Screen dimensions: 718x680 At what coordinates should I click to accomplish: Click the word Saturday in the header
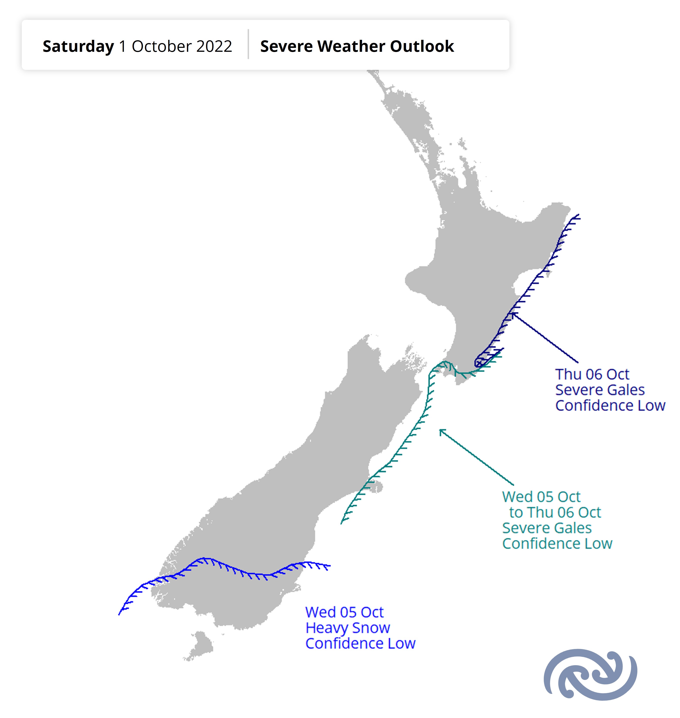coord(78,46)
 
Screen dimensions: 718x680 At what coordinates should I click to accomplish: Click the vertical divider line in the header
coord(248,44)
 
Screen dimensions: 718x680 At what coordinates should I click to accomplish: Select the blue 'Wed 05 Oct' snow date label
coord(344,612)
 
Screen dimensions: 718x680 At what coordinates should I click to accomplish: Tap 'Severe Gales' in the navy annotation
coord(600,390)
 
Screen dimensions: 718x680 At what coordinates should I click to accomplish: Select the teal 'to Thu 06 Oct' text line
coord(555,512)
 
